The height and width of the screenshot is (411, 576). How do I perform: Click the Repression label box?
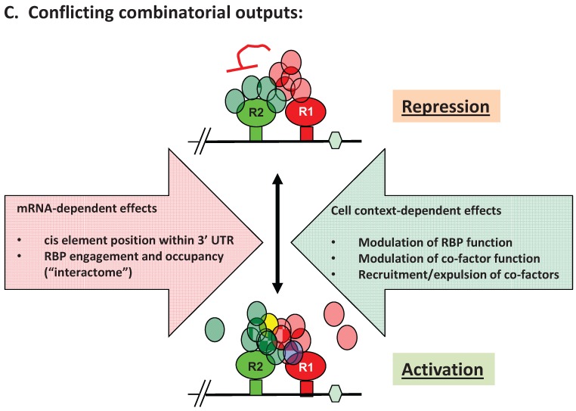coord(445,106)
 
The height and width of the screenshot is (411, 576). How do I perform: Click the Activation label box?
coord(442,369)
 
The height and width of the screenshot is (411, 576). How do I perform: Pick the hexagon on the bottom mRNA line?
coord(338,394)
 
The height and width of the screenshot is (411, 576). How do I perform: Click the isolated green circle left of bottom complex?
coord(215,329)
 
